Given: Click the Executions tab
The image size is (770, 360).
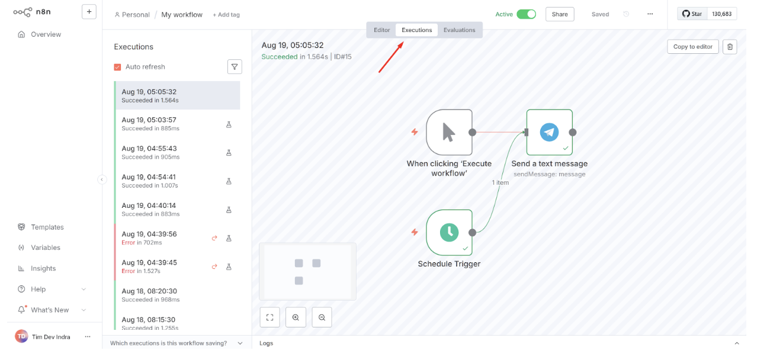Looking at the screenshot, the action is pos(416,30).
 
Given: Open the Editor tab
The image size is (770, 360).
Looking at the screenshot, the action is pos(381,30).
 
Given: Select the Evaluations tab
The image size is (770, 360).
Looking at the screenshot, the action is pos(459,30).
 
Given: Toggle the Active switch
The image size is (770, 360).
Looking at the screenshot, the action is pos(527,14).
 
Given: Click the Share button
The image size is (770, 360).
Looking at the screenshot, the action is pos(560,14).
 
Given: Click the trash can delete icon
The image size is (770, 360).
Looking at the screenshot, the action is pos(730,47).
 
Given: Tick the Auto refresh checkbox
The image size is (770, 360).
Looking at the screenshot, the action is pos(117,67).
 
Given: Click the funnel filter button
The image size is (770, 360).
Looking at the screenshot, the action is pos(235,67).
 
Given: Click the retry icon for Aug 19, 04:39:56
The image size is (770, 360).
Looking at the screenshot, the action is pos(214,238).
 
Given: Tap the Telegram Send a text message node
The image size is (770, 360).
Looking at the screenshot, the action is pos(549,132).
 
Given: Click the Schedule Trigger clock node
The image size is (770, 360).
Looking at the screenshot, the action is pos(449,233).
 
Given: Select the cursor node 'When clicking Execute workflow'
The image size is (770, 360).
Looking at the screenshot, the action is pos(449,132).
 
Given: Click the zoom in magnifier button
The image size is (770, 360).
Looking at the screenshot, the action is pos(296,317).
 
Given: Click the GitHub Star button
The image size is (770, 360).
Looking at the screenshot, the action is pos(692,14).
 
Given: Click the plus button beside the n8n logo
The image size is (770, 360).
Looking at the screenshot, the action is pos(89,12).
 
